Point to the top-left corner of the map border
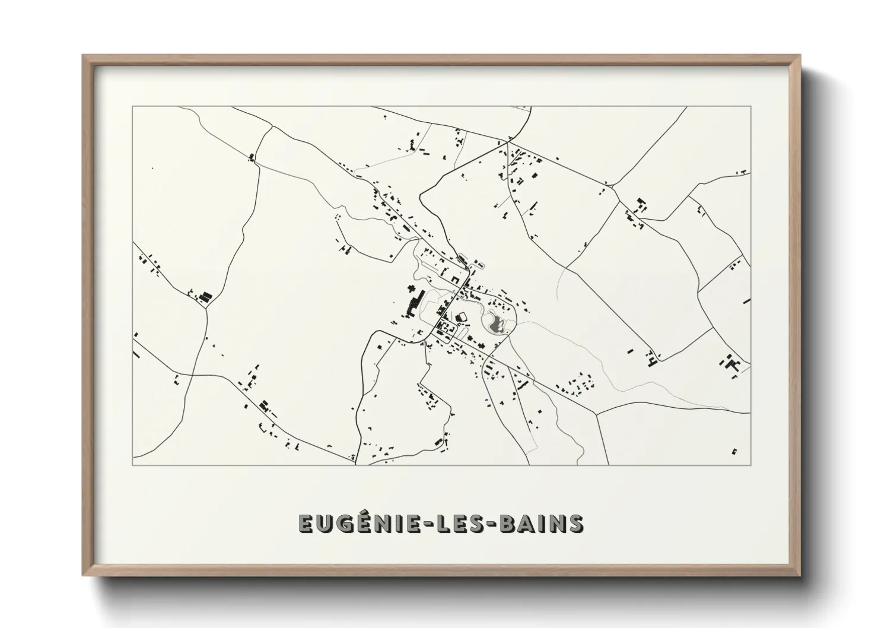point(132,107)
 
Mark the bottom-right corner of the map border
point(750,465)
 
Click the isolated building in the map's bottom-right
point(734,451)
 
